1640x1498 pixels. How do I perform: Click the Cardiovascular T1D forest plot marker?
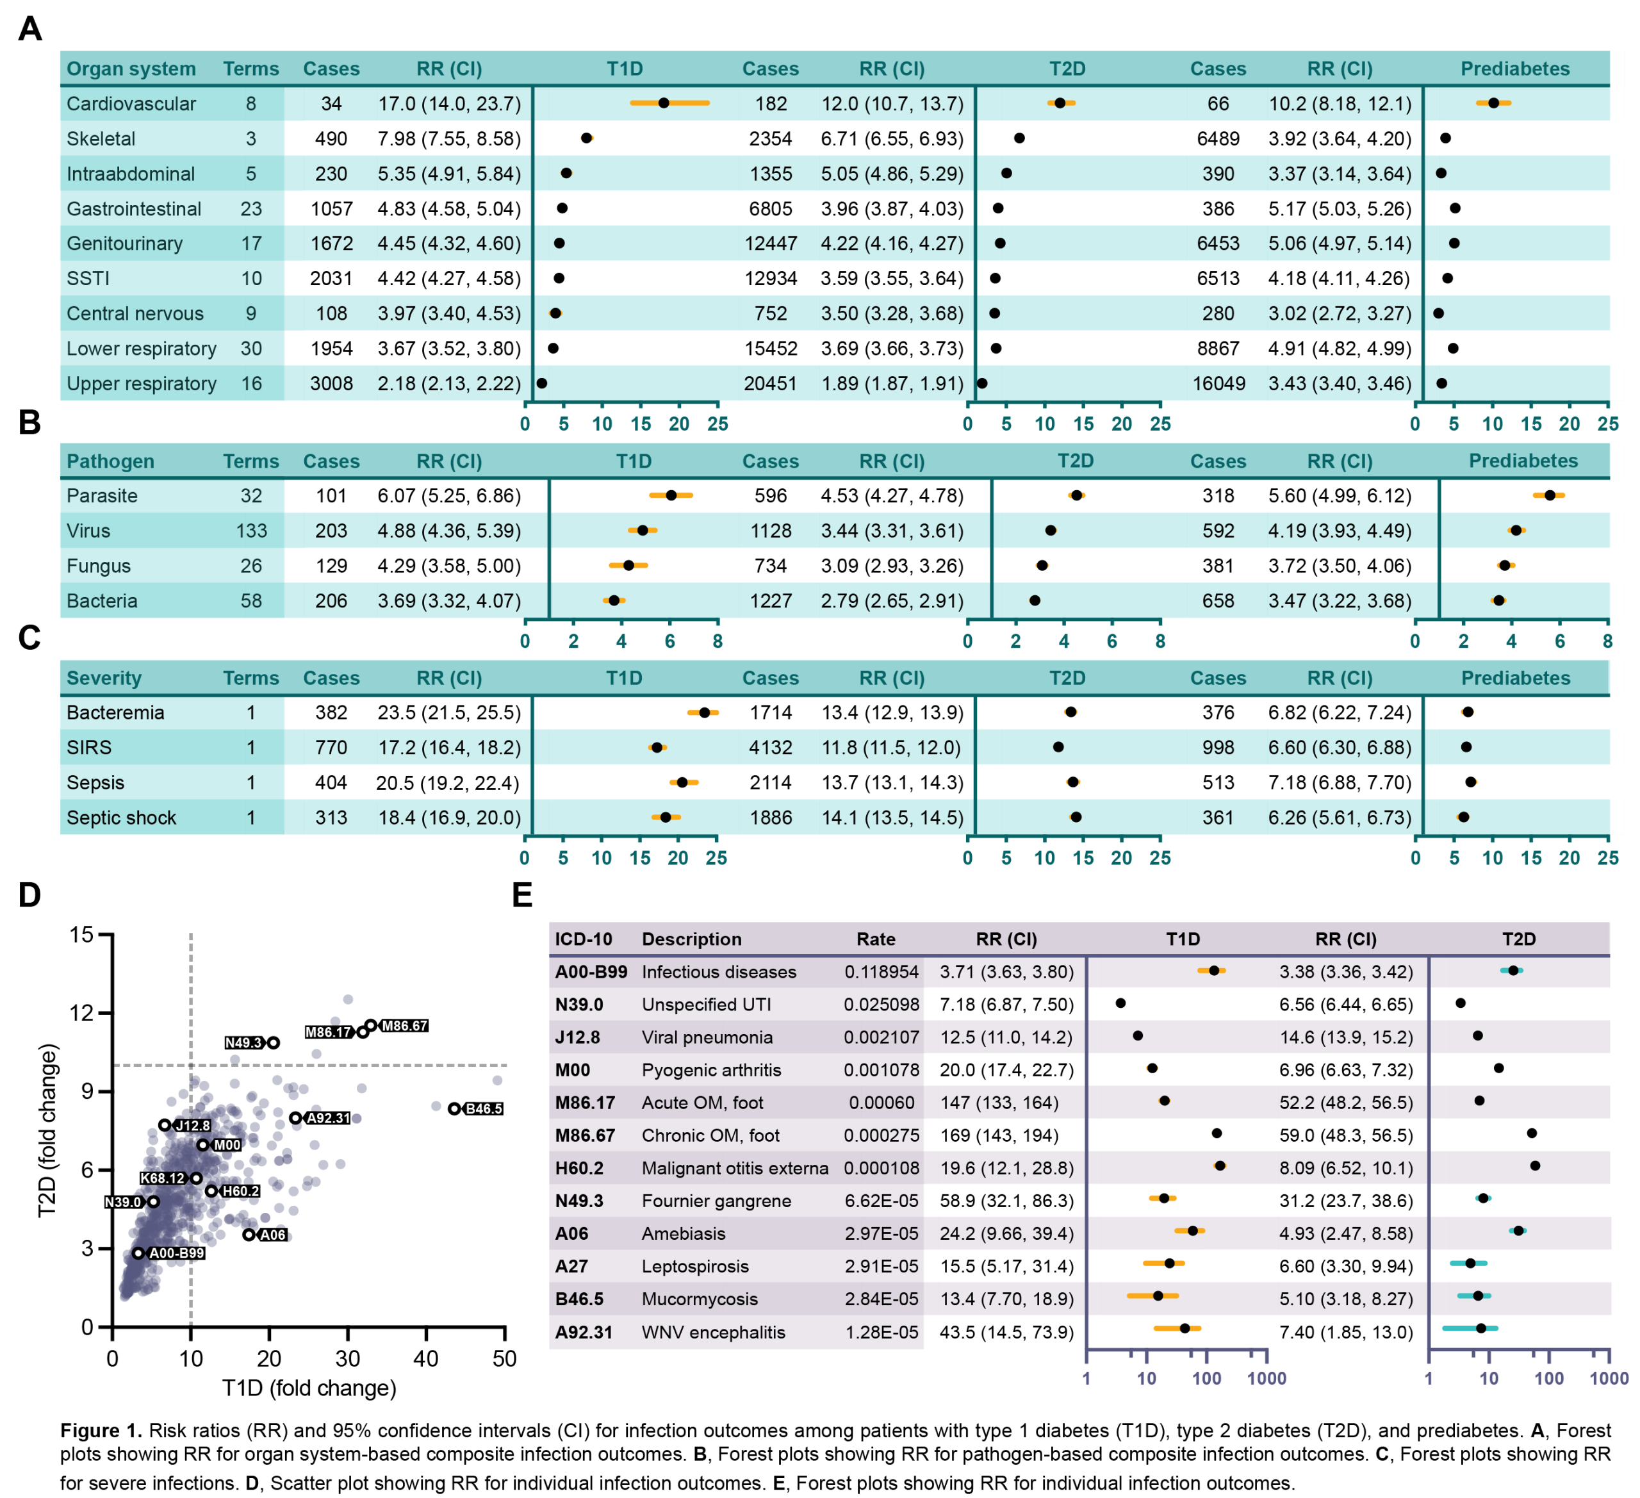pyautogui.click(x=664, y=103)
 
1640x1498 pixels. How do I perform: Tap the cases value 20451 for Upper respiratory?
pyautogui.click(x=771, y=384)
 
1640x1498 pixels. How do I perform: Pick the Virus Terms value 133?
pyautogui.click(x=251, y=531)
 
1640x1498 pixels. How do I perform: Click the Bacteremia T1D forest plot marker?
pyautogui.click(x=705, y=712)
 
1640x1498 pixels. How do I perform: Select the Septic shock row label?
pyautogui.click(x=121, y=818)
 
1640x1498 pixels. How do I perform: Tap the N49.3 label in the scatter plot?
pyautogui.click(x=243, y=1043)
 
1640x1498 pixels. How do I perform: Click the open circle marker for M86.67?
pyautogui.click(x=371, y=1025)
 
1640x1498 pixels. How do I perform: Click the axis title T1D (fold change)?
pyautogui.click(x=309, y=1388)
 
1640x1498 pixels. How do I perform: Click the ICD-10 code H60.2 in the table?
pyautogui.click(x=579, y=1169)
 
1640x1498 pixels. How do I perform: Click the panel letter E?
pyautogui.click(x=522, y=896)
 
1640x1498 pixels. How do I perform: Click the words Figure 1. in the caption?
pyautogui.click(x=101, y=1431)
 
